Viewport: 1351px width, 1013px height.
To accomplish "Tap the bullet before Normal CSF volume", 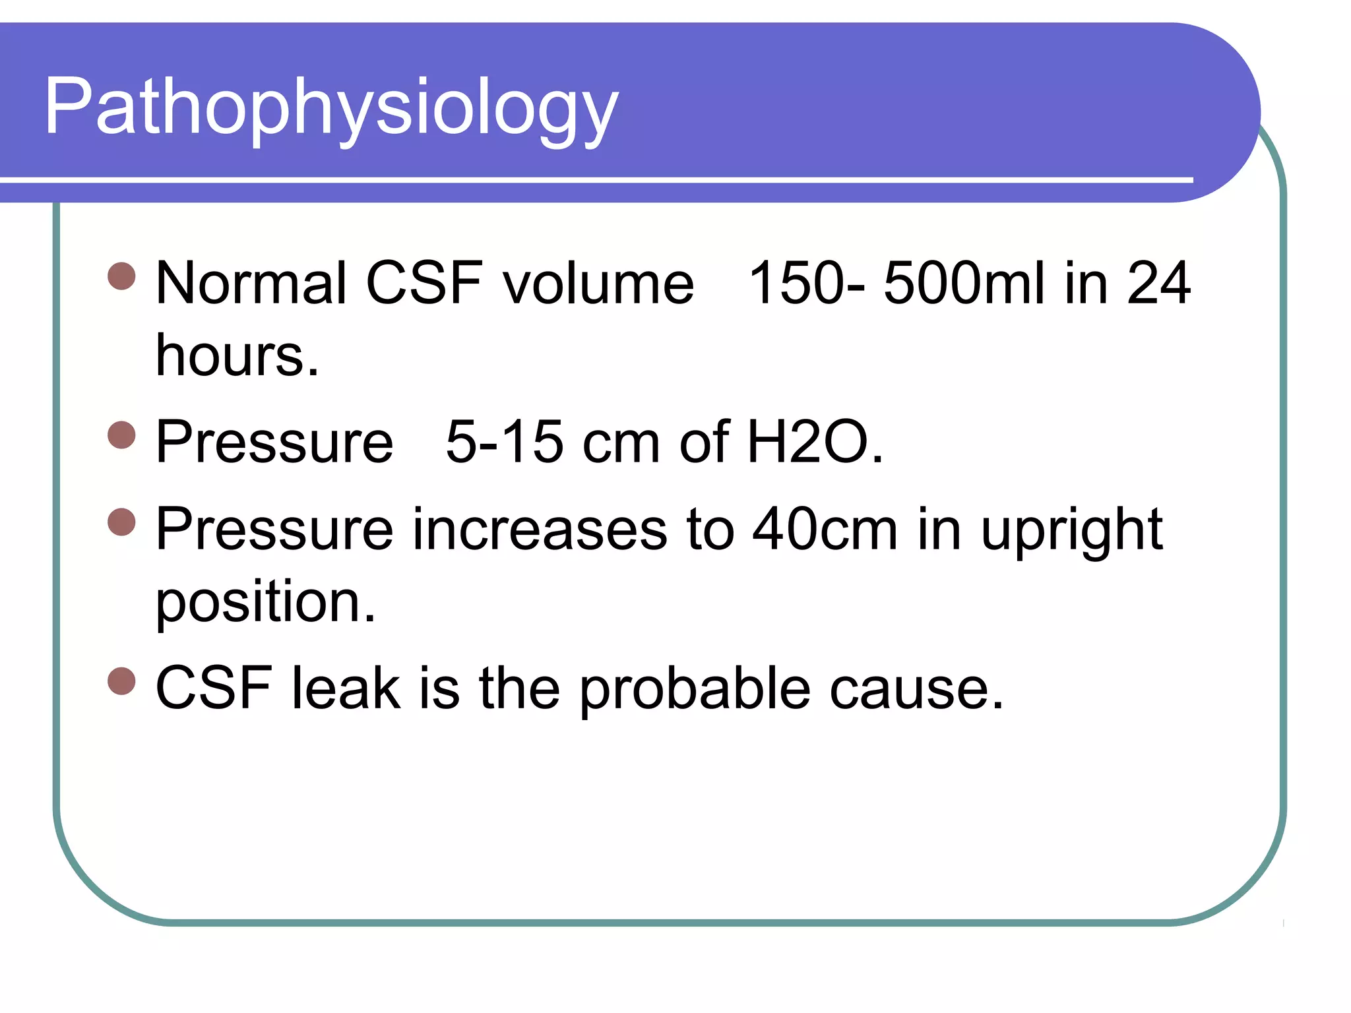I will coord(121,276).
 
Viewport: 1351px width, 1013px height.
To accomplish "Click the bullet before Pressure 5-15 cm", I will coord(121,435).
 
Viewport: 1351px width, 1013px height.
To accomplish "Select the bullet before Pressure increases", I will coord(121,522).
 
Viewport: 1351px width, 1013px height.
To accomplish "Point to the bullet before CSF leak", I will coord(121,681).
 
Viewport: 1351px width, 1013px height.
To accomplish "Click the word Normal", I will coord(251,284).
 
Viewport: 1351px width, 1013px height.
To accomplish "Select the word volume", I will coord(598,284).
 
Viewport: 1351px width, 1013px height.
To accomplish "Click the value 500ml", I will coord(964,284).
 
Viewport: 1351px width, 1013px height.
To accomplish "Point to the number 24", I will coord(1159,284).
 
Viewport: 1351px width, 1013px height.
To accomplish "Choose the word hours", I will coord(237,355).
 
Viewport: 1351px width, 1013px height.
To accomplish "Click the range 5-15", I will coord(505,442).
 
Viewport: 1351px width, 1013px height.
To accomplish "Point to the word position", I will coord(265,603).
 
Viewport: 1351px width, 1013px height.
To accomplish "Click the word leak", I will coord(346,688).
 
